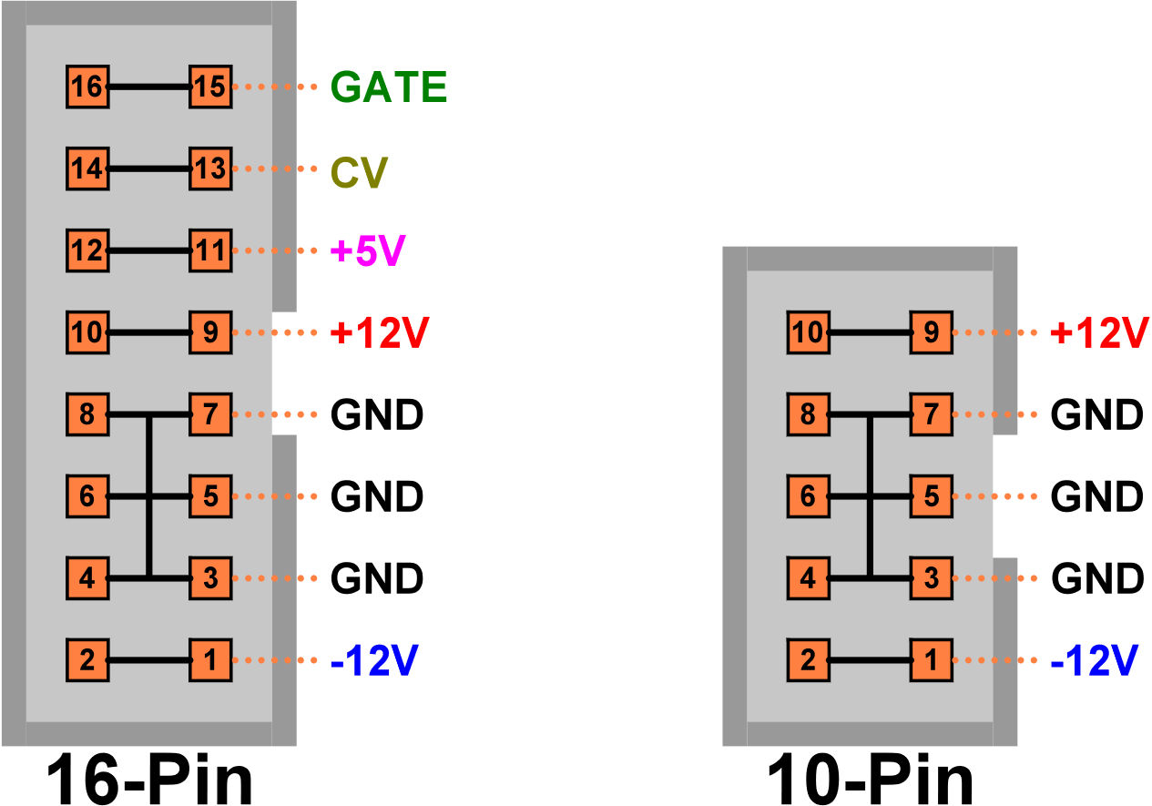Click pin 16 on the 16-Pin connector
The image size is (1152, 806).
[x=87, y=87]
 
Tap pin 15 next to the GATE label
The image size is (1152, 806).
[x=210, y=87]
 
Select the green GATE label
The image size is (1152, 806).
[x=388, y=87]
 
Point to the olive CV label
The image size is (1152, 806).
[x=359, y=173]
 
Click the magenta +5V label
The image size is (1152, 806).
[x=368, y=250]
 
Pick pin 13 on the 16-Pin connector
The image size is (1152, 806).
[x=210, y=168]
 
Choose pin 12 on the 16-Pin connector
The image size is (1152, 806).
[x=87, y=250]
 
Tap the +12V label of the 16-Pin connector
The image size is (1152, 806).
[x=380, y=332]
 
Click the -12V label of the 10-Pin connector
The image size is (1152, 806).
[x=1094, y=660]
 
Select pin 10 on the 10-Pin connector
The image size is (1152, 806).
[x=808, y=332]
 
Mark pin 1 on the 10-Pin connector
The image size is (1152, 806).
[x=931, y=660]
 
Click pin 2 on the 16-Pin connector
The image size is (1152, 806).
[x=87, y=660]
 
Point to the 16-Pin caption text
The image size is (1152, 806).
[x=149, y=779]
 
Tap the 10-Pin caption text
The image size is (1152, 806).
[x=871, y=779]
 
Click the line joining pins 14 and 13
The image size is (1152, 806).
[x=149, y=168]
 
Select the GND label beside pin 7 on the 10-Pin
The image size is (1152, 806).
[x=1097, y=414]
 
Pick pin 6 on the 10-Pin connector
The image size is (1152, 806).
[x=808, y=496]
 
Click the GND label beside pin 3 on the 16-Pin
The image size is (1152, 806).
[x=376, y=578]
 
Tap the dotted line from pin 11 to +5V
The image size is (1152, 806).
[x=275, y=250]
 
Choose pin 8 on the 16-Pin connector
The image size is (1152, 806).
[x=87, y=414]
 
